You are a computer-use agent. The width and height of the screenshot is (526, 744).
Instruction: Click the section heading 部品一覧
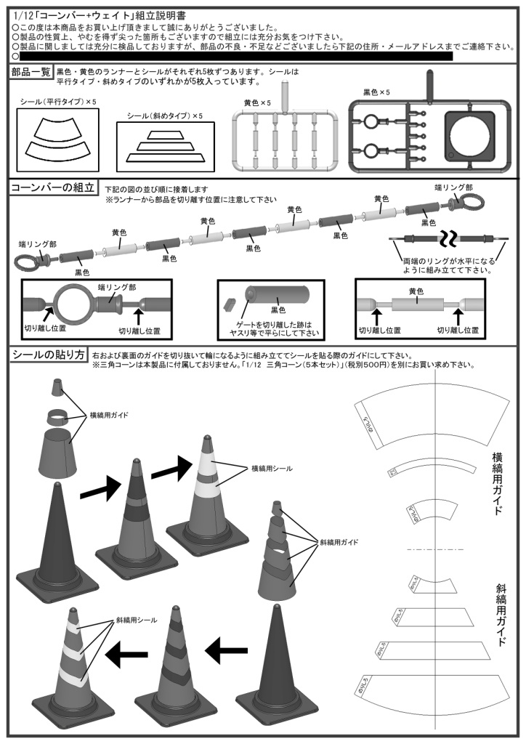[x=31, y=72]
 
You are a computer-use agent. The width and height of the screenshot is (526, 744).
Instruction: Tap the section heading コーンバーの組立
[x=52, y=188]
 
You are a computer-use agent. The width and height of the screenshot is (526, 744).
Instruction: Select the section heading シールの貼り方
[x=48, y=355]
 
